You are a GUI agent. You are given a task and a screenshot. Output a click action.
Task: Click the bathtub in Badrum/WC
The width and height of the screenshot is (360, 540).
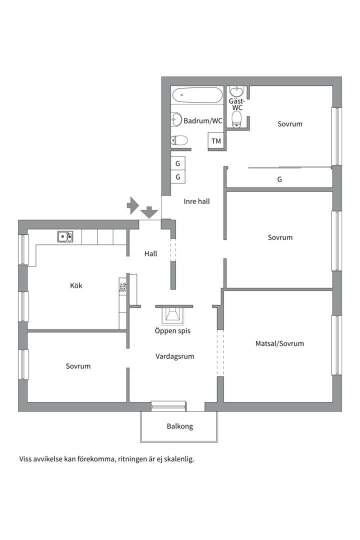(x=197, y=95)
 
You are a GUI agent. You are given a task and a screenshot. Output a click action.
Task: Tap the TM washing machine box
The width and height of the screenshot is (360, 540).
(x=216, y=141)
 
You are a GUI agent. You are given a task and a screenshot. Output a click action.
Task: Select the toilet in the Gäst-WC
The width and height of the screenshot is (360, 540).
(x=236, y=120)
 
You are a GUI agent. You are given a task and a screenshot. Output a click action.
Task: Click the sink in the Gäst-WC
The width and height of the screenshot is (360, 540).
(x=236, y=91)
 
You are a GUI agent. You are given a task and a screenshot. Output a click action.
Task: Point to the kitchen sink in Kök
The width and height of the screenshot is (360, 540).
(x=65, y=236)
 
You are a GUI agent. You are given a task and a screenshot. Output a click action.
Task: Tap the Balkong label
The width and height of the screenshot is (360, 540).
(x=180, y=426)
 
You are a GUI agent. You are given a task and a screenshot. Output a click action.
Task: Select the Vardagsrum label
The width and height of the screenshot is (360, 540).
(x=174, y=356)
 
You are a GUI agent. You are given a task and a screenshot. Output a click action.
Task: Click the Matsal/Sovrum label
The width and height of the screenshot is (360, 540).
(x=279, y=343)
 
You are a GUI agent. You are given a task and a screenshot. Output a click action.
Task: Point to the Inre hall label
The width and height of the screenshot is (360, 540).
(x=196, y=201)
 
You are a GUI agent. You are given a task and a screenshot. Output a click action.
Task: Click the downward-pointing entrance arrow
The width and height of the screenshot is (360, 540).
(x=149, y=212)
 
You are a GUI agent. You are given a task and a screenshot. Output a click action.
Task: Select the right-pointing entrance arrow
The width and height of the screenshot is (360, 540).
(x=132, y=205)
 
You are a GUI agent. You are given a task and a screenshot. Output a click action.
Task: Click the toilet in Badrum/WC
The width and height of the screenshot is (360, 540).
(x=179, y=140)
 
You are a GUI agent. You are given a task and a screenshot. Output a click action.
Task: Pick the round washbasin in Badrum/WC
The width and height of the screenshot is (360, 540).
(x=176, y=119)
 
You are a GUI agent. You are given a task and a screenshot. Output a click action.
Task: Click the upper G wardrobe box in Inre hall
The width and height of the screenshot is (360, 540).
(x=178, y=163)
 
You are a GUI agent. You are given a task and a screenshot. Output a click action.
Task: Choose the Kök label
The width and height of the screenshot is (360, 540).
(x=76, y=285)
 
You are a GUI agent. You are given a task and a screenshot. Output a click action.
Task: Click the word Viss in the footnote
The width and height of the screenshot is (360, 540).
(x=25, y=459)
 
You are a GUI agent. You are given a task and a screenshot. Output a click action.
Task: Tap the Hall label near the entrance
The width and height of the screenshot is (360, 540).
(x=150, y=254)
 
